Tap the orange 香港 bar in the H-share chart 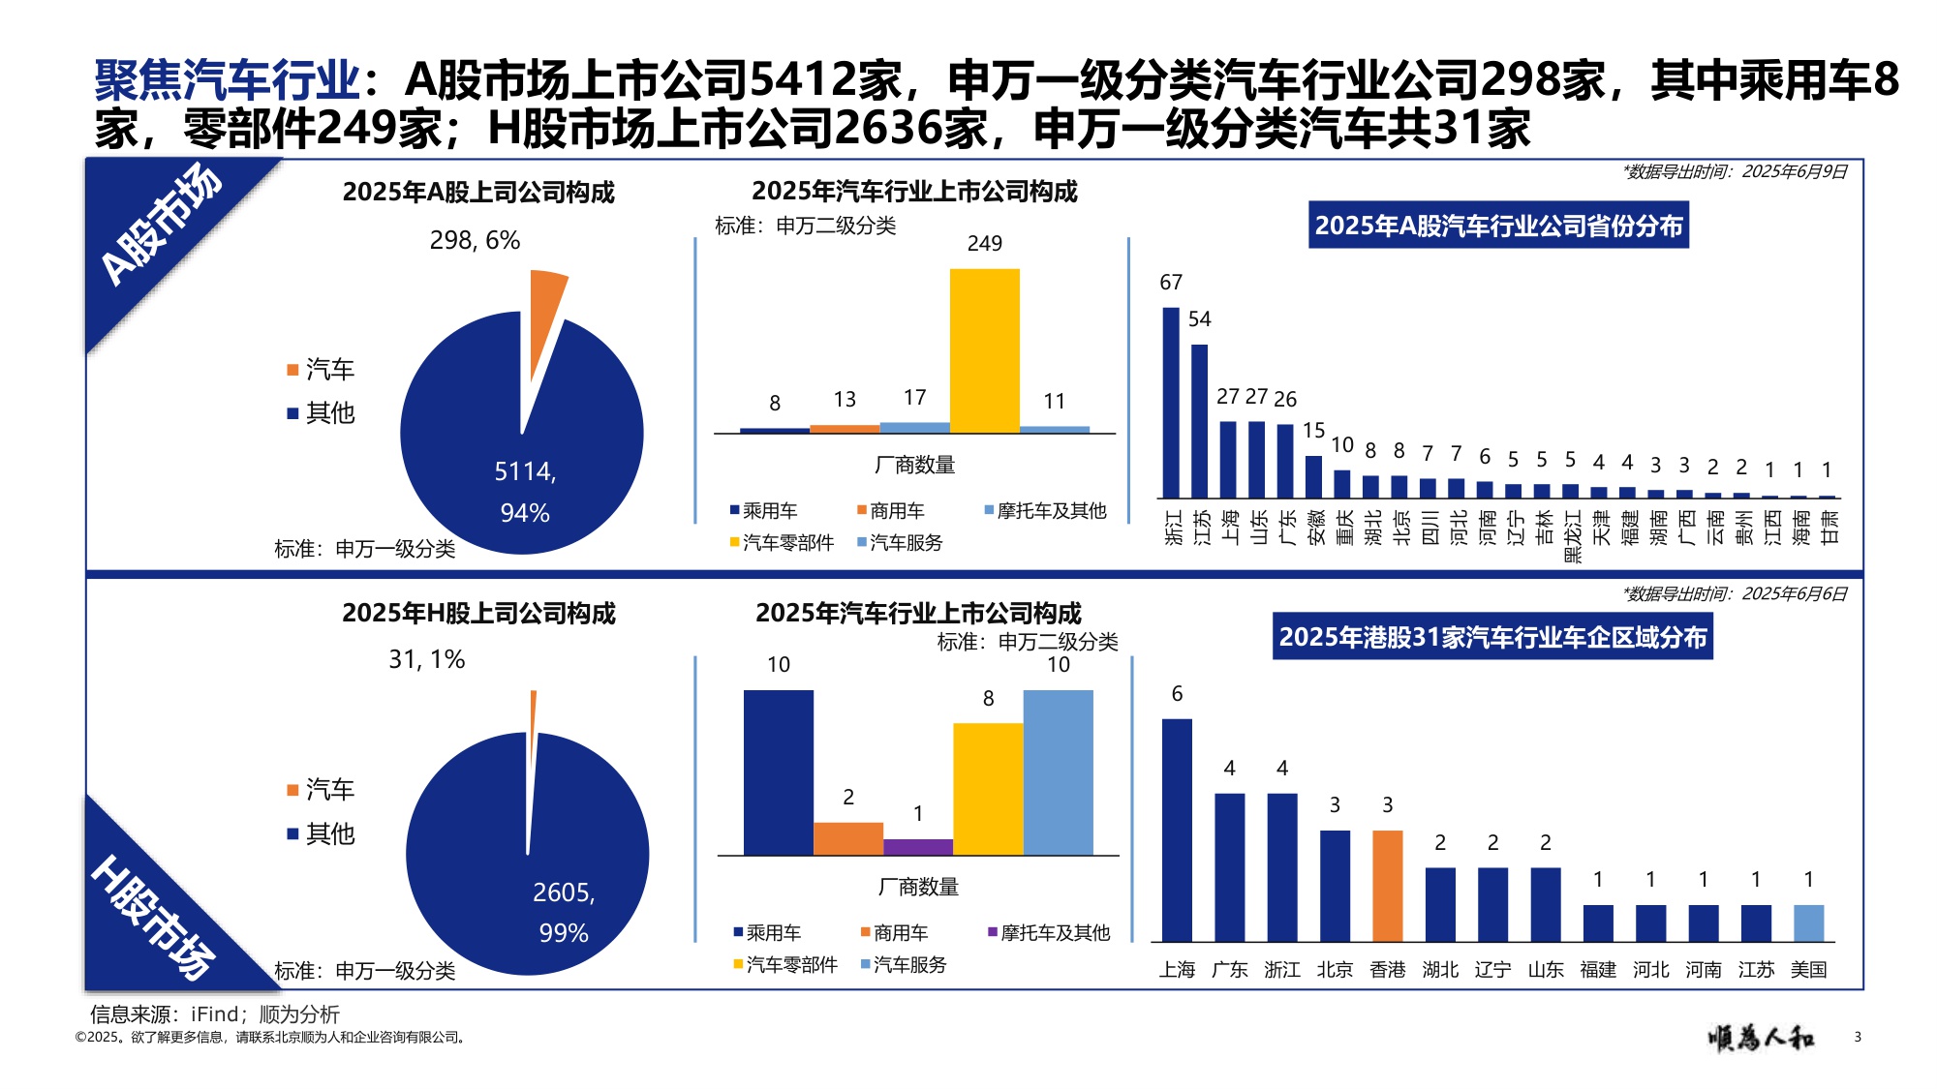tap(1387, 885)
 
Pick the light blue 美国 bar tap(1808, 923)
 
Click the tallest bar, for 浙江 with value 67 tap(1171, 402)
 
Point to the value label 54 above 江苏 tap(1199, 319)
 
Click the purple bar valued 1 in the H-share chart tap(917, 847)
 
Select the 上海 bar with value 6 tap(1177, 830)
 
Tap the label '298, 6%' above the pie tap(475, 240)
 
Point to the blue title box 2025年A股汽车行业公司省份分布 tap(1498, 226)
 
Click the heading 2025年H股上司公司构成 tap(478, 613)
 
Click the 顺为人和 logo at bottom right tap(1760, 1038)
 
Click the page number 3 tap(1857, 1037)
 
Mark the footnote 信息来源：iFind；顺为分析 tap(214, 1013)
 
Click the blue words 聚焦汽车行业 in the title tap(227, 79)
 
